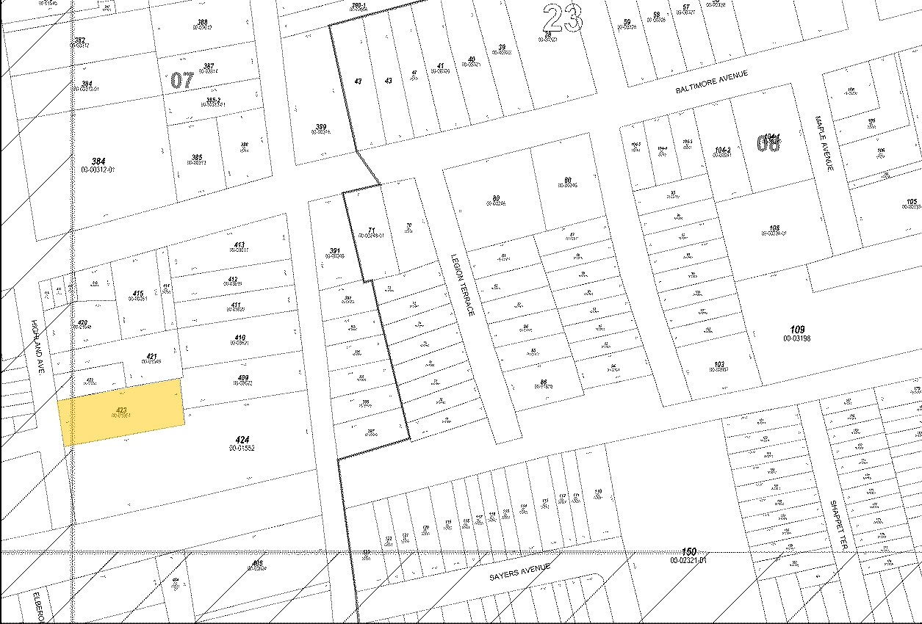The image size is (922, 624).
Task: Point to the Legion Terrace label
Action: pyautogui.click(x=463, y=285)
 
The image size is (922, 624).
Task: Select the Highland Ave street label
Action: pyautogui.click(x=38, y=347)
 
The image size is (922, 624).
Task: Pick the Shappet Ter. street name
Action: pyautogui.click(x=838, y=525)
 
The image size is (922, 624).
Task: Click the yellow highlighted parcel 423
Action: pyautogui.click(x=121, y=412)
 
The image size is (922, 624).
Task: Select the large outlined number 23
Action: pyautogui.click(x=563, y=18)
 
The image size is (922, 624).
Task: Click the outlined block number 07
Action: pyautogui.click(x=181, y=79)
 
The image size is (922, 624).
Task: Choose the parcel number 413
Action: pyautogui.click(x=239, y=245)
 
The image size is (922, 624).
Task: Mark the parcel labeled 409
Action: pyautogui.click(x=244, y=379)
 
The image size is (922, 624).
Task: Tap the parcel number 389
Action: pyautogui.click(x=320, y=127)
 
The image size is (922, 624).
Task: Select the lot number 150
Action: pyautogui.click(x=688, y=552)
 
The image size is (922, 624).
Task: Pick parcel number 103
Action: pyautogui.click(x=718, y=365)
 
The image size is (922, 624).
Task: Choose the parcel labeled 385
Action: pyautogui.click(x=196, y=158)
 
